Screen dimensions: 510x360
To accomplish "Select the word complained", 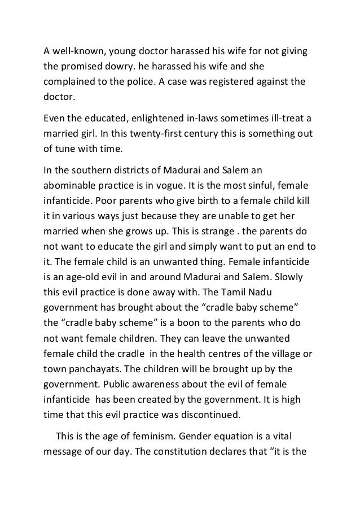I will pyautogui.click(x=72, y=82).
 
